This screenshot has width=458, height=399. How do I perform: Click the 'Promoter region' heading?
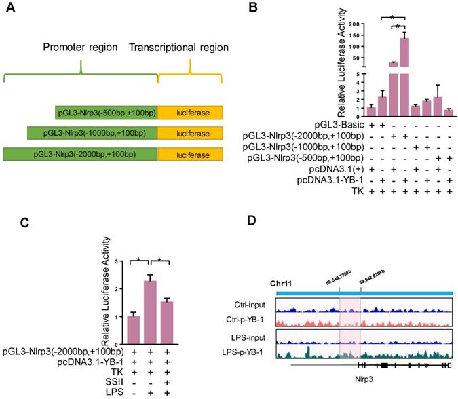click(81, 48)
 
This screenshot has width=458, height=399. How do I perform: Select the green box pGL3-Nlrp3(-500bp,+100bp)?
click(107, 112)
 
